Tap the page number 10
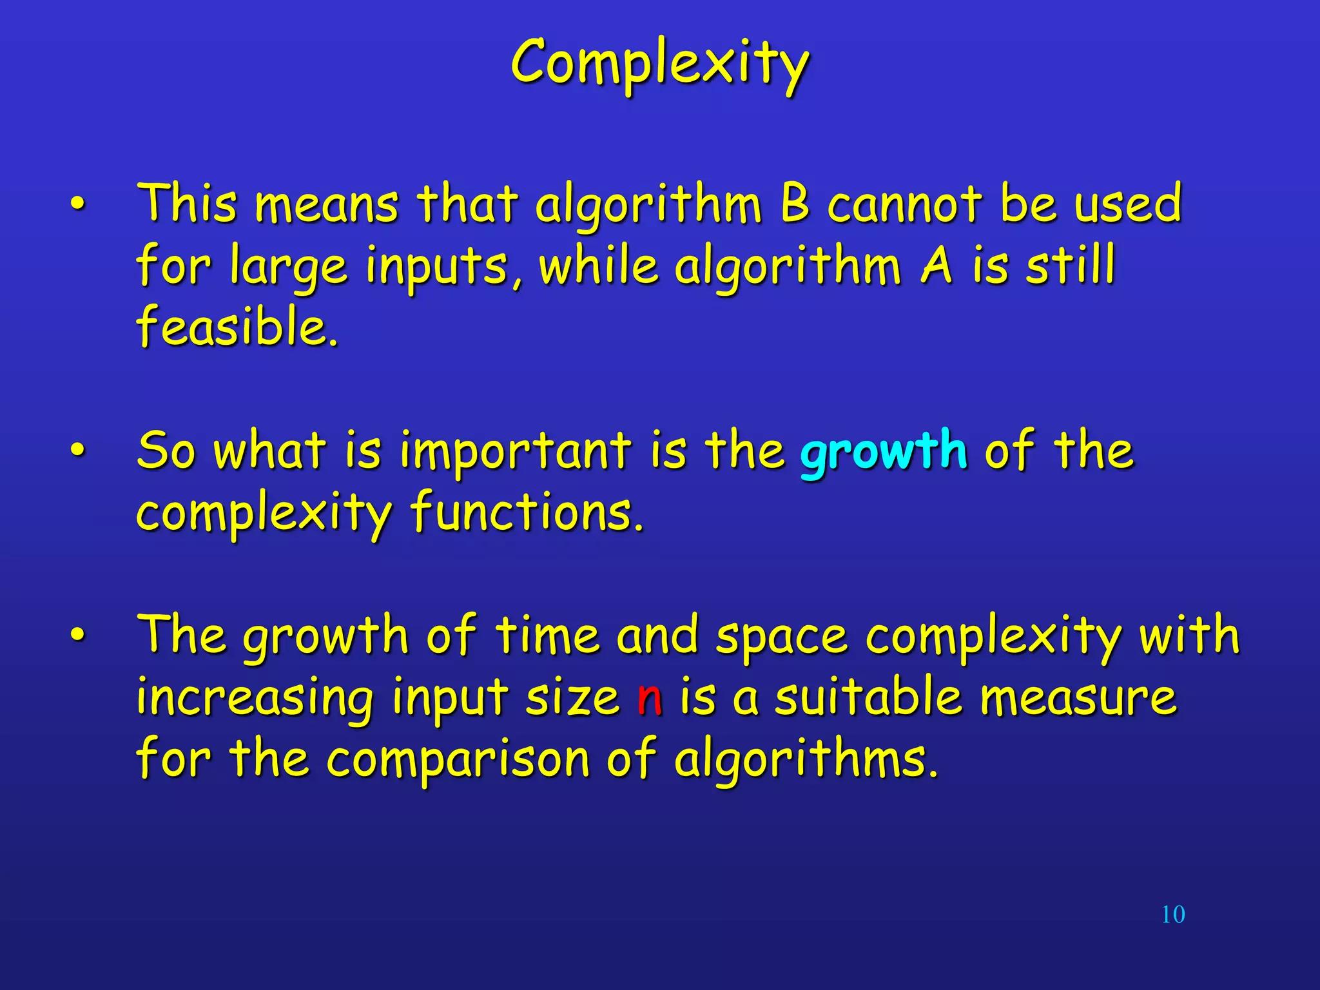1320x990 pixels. tap(1173, 915)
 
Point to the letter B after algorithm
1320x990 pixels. tap(794, 203)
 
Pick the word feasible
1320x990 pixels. tap(237, 326)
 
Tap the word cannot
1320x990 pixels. tap(904, 204)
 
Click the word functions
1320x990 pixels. tap(527, 512)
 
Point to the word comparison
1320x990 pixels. tap(458, 759)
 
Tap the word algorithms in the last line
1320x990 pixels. tap(806, 759)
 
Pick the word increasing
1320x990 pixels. tap(255, 699)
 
